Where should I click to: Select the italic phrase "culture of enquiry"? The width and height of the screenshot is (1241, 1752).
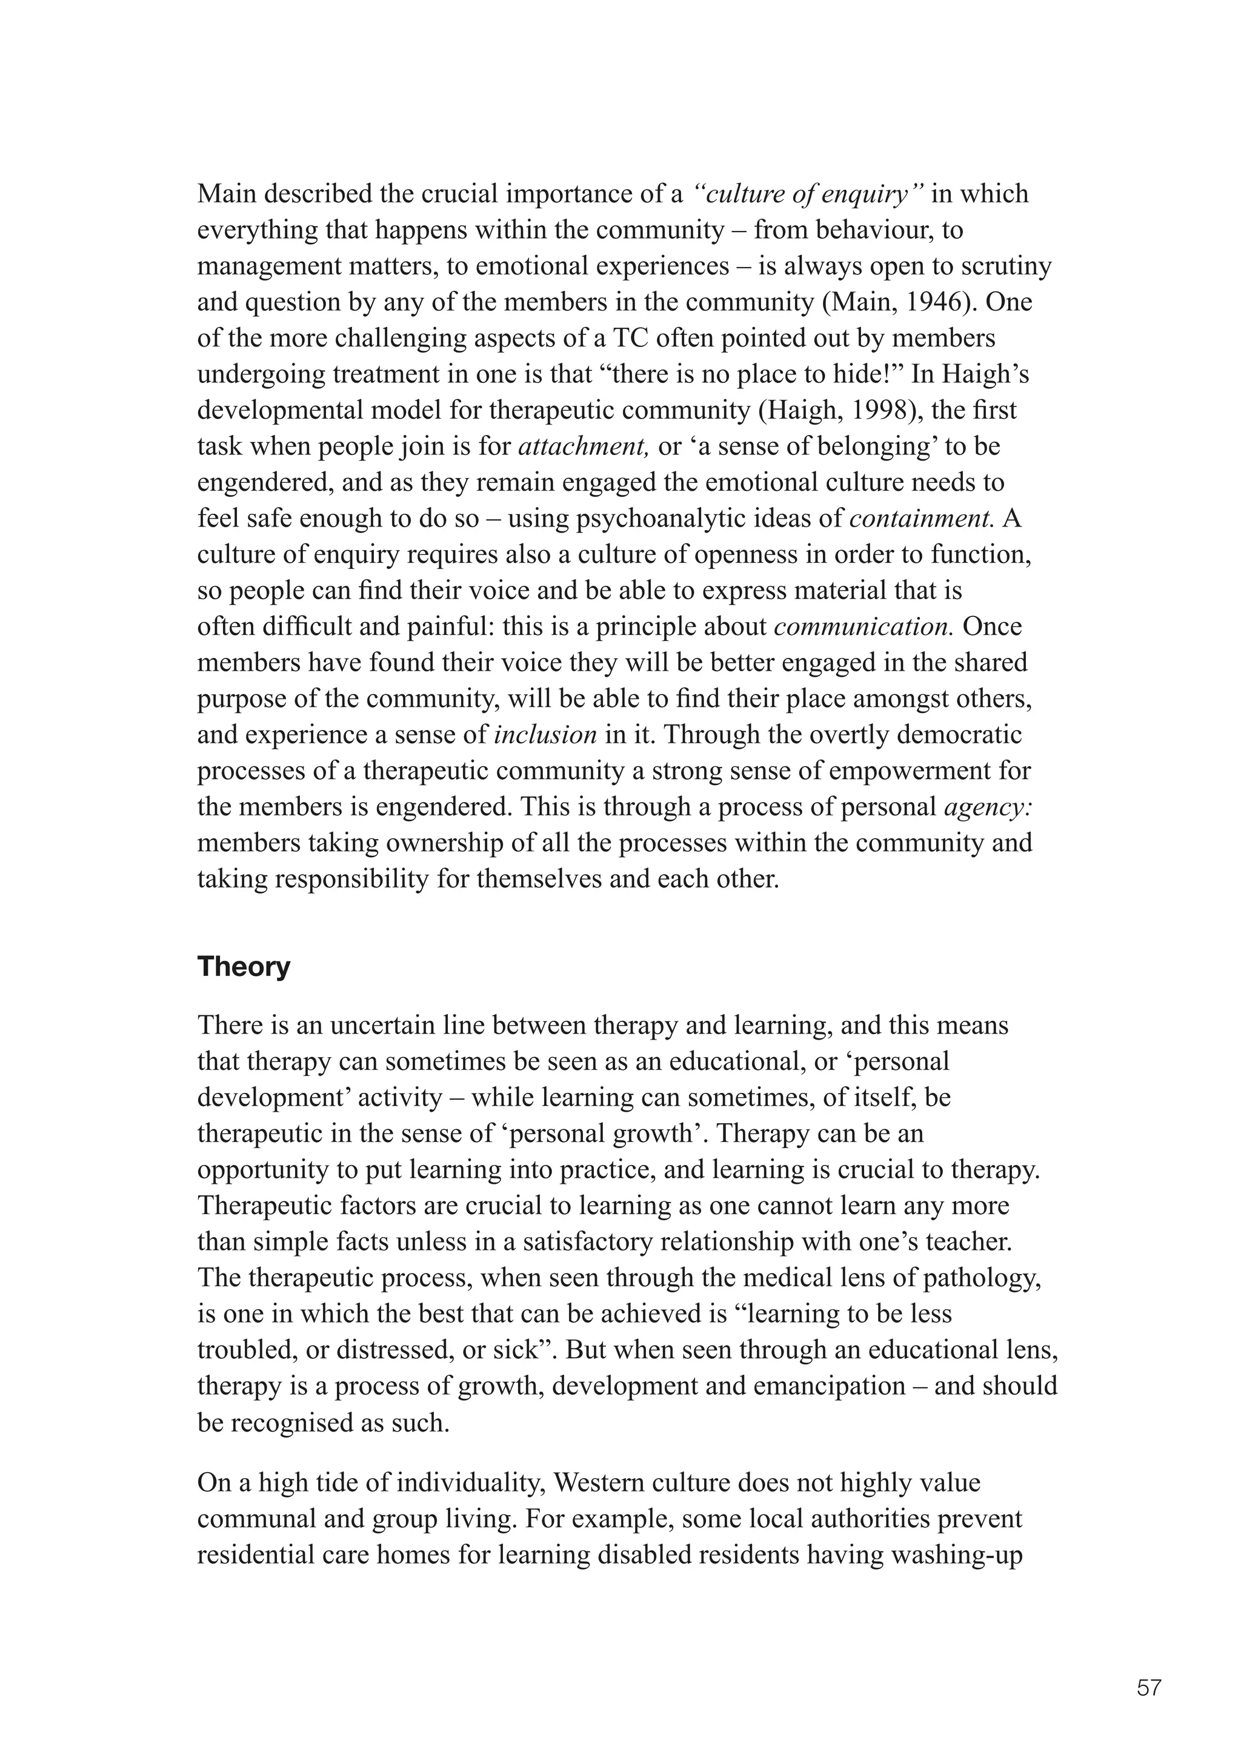809,194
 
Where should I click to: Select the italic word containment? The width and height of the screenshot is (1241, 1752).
921,519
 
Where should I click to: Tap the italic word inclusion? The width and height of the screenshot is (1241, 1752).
545,735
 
